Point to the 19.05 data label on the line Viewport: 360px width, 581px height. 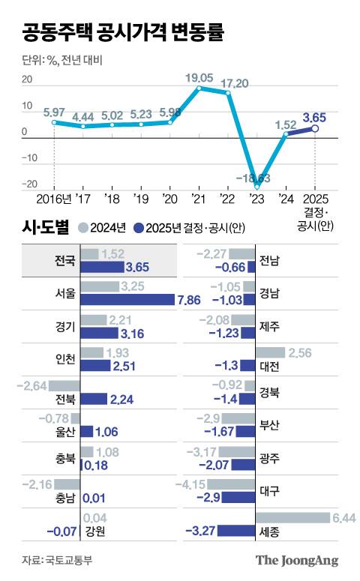(x=199, y=77)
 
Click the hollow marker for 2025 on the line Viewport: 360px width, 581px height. (x=315, y=128)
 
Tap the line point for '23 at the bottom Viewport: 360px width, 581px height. (x=256, y=185)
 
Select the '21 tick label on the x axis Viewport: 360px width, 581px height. (x=199, y=199)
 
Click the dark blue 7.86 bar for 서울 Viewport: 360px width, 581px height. (x=126, y=301)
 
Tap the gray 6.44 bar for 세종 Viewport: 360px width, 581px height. (x=292, y=517)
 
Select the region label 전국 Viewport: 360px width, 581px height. (x=64, y=261)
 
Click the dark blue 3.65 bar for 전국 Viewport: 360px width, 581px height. (x=101, y=267)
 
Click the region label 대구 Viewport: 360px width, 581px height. (x=269, y=491)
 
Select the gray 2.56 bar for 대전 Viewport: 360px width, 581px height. (x=270, y=352)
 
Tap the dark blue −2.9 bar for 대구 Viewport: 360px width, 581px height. (x=244, y=497)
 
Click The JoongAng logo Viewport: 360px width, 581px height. (x=297, y=560)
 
